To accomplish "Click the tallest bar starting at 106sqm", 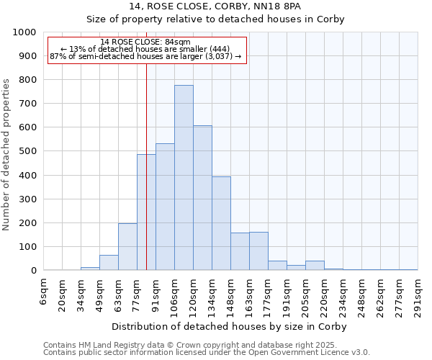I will pos(184,178).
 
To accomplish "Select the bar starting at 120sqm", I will pos(202,198).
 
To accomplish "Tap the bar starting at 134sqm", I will pos(221,223).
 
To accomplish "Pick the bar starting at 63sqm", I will pos(127,247).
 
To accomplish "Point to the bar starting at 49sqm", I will pos(109,263).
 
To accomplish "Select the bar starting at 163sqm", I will pos(258,251).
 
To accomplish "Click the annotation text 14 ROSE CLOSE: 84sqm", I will pos(145,42).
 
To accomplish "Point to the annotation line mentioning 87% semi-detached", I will pos(147,56).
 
